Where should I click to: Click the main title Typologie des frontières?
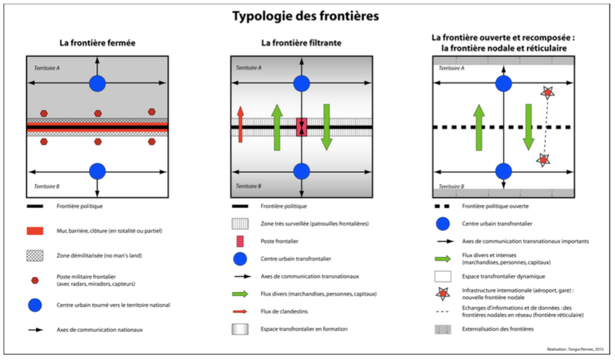pyautogui.click(x=307, y=15)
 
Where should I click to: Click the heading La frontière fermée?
pyautogui.click(x=97, y=43)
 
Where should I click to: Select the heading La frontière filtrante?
pyautogui.click(x=301, y=43)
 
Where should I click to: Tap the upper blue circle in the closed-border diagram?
pyautogui.click(x=97, y=83)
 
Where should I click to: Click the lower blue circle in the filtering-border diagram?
pyautogui.click(x=301, y=171)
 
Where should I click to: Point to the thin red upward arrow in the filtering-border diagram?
pyautogui.click(x=240, y=124)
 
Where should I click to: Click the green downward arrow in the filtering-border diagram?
pyautogui.click(x=326, y=126)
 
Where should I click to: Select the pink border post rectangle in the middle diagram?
pyautogui.click(x=301, y=127)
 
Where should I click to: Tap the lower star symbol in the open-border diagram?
pyautogui.click(x=543, y=161)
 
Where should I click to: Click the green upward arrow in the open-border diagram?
pyautogui.click(x=479, y=126)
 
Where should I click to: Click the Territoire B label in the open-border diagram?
pyautogui.click(x=453, y=187)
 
